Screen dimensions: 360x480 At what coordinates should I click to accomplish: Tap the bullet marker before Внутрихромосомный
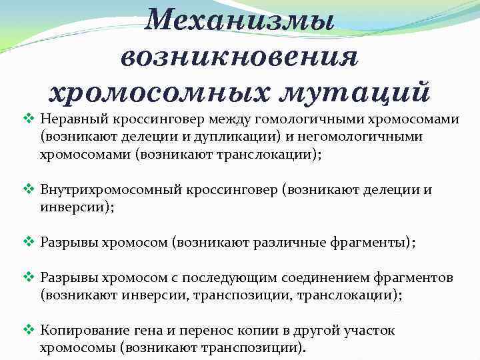coord(27,190)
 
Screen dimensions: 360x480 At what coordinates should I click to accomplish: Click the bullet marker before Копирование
coord(27,330)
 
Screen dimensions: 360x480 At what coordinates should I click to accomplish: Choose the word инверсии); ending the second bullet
coord(77,207)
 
